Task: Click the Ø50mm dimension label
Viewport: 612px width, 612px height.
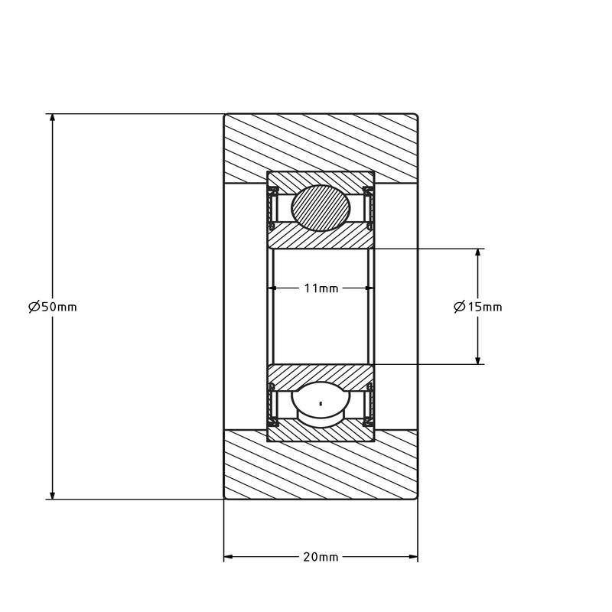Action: point(52,307)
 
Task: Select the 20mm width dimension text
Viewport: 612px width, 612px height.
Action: point(321,556)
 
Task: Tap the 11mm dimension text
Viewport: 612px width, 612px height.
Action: point(321,288)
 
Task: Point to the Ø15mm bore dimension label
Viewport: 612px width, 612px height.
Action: point(477,307)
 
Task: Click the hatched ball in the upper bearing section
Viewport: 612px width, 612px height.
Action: point(321,207)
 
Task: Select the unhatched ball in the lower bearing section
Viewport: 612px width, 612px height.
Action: point(321,403)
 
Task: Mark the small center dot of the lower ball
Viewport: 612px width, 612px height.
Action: point(321,402)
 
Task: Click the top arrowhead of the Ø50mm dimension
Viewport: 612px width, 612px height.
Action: point(52,119)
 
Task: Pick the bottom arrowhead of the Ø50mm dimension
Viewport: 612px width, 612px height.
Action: point(52,494)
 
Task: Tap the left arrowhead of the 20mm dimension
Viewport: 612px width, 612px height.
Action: point(229,556)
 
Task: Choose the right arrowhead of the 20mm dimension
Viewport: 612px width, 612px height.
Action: point(412,556)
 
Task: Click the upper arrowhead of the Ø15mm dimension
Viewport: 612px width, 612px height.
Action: point(477,253)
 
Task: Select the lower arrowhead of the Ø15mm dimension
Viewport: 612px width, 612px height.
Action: point(477,359)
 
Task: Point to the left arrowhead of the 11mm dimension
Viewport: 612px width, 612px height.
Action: point(272,288)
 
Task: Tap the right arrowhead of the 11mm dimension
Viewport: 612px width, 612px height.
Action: point(369,288)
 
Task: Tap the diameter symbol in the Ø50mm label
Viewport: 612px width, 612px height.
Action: point(34,307)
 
